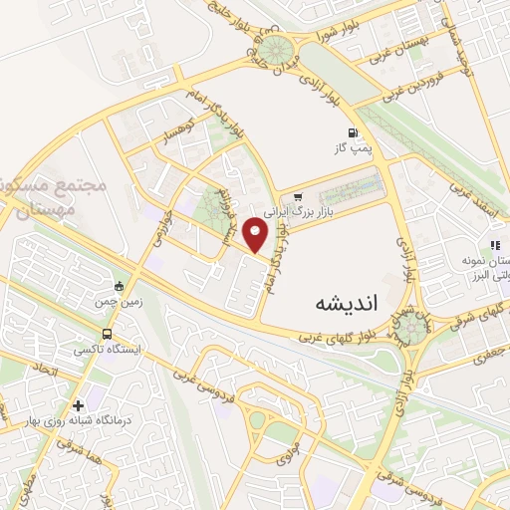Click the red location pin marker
(x=257, y=235)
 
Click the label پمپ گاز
(x=352, y=148)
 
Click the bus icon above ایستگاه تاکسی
(x=107, y=335)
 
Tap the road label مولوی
(x=282, y=442)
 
